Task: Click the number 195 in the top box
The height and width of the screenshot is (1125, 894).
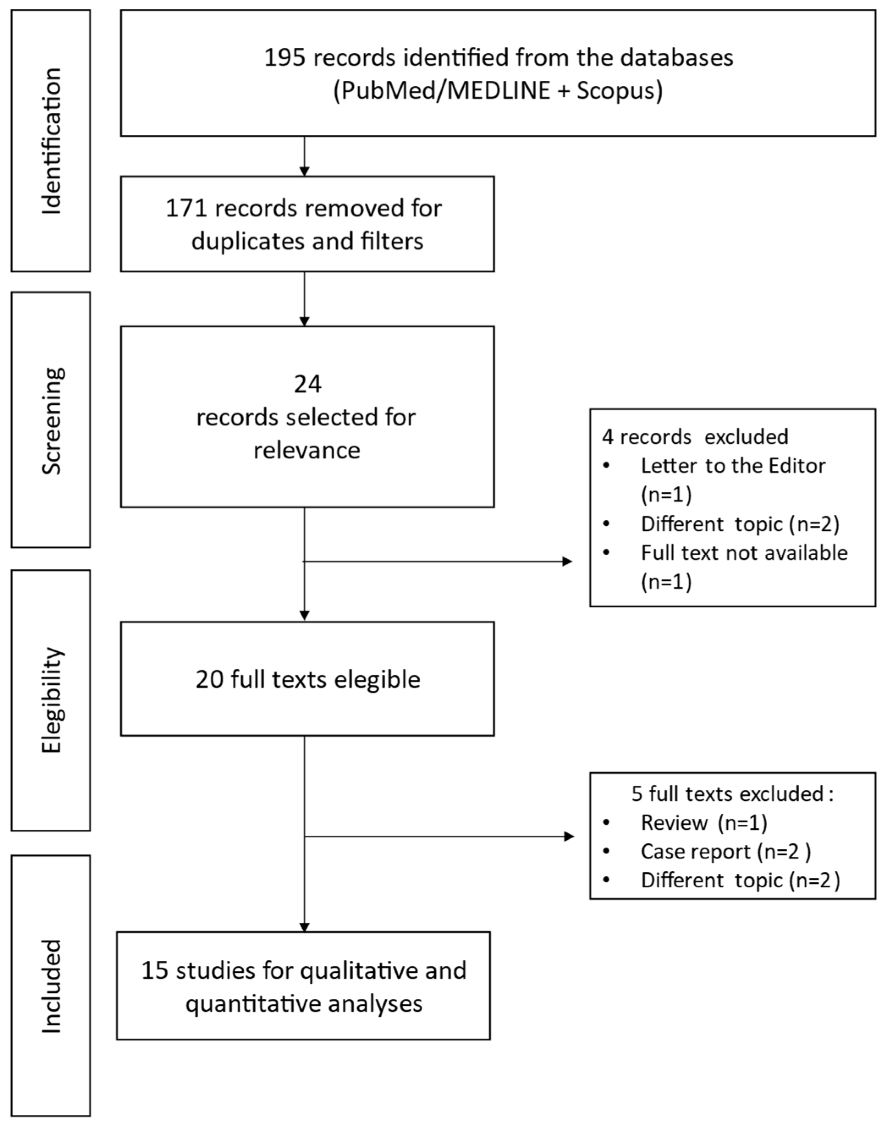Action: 284,58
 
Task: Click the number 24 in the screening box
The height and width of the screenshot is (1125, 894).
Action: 308,384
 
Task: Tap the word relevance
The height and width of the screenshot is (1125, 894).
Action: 307,450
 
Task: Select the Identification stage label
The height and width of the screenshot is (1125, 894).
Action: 51,141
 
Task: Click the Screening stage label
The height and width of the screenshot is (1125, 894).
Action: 51,420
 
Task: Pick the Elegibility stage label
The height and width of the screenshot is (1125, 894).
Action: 51,700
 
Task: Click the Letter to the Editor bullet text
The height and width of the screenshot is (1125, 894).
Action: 733,466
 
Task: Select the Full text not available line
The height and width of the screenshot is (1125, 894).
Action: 744,553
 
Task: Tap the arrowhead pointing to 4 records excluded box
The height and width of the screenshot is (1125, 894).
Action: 567,562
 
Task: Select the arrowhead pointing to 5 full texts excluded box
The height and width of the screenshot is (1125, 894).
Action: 569,837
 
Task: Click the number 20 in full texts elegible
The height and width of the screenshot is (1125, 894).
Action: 209,679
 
